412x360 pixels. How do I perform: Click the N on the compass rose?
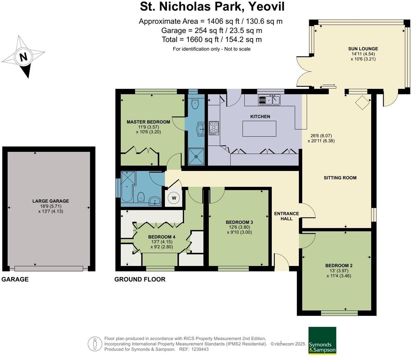pos(23,57)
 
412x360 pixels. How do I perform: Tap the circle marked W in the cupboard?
pos(174,198)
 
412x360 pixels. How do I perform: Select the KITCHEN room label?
pos(260,116)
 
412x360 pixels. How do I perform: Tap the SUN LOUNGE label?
pos(363,49)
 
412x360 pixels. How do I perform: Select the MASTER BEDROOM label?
pos(148,122)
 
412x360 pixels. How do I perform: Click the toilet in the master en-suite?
pos(195,104)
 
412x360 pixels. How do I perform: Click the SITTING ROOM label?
pos(340,177)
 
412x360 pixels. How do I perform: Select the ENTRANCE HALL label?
pos(286,216)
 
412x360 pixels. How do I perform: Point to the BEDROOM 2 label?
pos(339,265)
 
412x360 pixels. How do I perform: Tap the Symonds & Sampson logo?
pos(322,340)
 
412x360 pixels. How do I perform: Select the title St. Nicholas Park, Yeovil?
pos(212,7)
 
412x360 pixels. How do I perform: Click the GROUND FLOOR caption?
pos(140,279)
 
